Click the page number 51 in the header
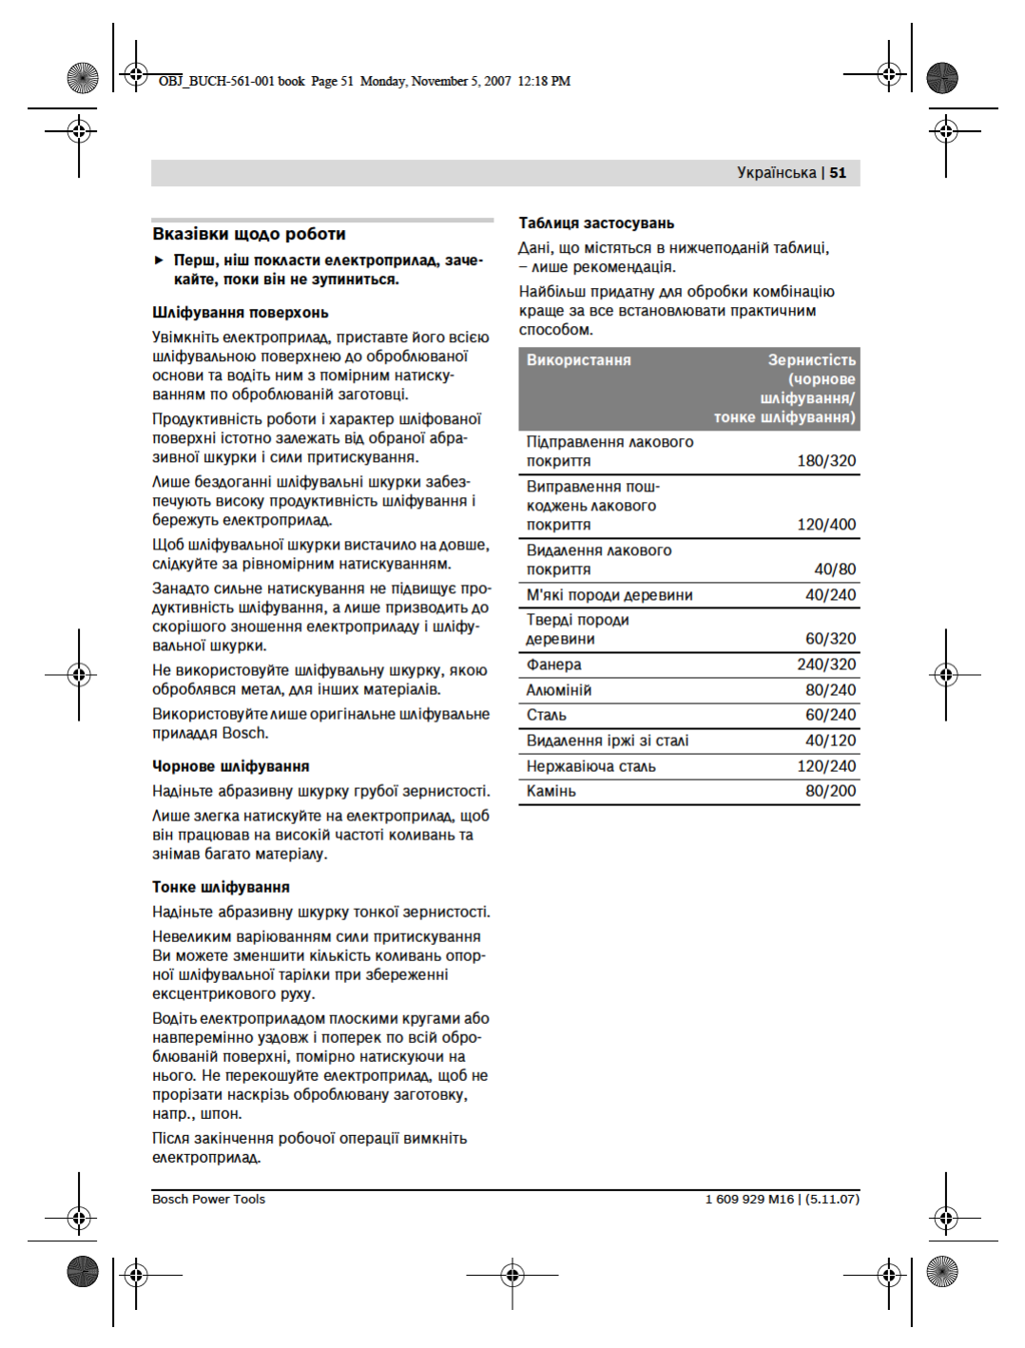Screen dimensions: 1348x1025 (x=838, y=173)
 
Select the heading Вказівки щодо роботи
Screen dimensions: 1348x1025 (x=249, y=234)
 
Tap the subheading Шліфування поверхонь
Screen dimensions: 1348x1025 (x=241, y=313)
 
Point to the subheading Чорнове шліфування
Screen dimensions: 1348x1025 (x=231, y=766)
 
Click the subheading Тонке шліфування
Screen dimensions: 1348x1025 (x=221, y=887)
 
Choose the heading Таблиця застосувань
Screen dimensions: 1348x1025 (x=596, y=223)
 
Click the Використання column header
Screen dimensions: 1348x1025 (x=579, y=360)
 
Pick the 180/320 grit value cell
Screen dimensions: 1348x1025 (x=826, y=461)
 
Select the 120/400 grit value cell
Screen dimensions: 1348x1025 (x=826, y=525)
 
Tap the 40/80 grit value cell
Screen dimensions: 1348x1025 (x=835, y=569)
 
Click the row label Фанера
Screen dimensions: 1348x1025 (x=554, y=664)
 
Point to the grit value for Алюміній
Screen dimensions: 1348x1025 (x=830, y=690)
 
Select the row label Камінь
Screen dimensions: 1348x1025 (x=551, y=791)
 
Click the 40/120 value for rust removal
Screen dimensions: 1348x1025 (x=830, y=741)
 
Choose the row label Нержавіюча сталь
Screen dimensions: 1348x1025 (x=591, y=766)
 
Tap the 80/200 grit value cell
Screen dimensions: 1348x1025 (x=830, y=791)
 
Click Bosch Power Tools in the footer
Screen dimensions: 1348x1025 (x=209, y=1200)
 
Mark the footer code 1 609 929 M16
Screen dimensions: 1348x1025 (x=749, y=1200)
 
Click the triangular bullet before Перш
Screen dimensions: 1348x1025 (x=160, y=260)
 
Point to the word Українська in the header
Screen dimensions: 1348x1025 (x=776, y=173)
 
